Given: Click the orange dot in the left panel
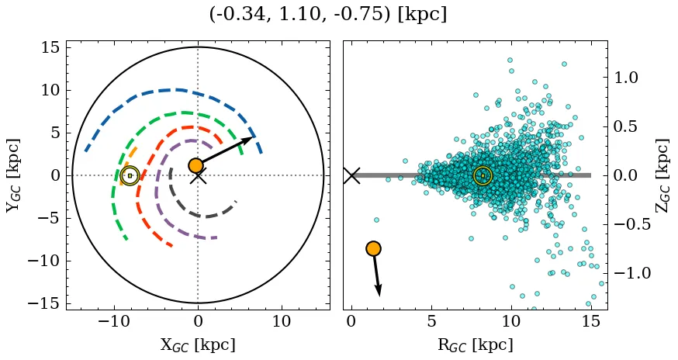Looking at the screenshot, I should point(195,165).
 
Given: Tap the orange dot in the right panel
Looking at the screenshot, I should point(373,248).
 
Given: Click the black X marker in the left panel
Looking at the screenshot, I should point(198,176).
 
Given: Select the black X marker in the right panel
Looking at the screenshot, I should point(351,176).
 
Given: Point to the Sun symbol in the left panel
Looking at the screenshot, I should point(130,175).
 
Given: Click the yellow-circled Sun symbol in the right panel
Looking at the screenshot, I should point(483,175).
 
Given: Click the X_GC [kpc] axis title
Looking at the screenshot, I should point(198,345).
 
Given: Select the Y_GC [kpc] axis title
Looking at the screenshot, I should point(13,175).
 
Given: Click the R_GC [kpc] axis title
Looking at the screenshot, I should point(476,345).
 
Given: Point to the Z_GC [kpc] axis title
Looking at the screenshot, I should point(662,175).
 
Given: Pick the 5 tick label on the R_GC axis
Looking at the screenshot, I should point(431,321).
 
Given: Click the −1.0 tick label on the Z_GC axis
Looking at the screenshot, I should point(633,273).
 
